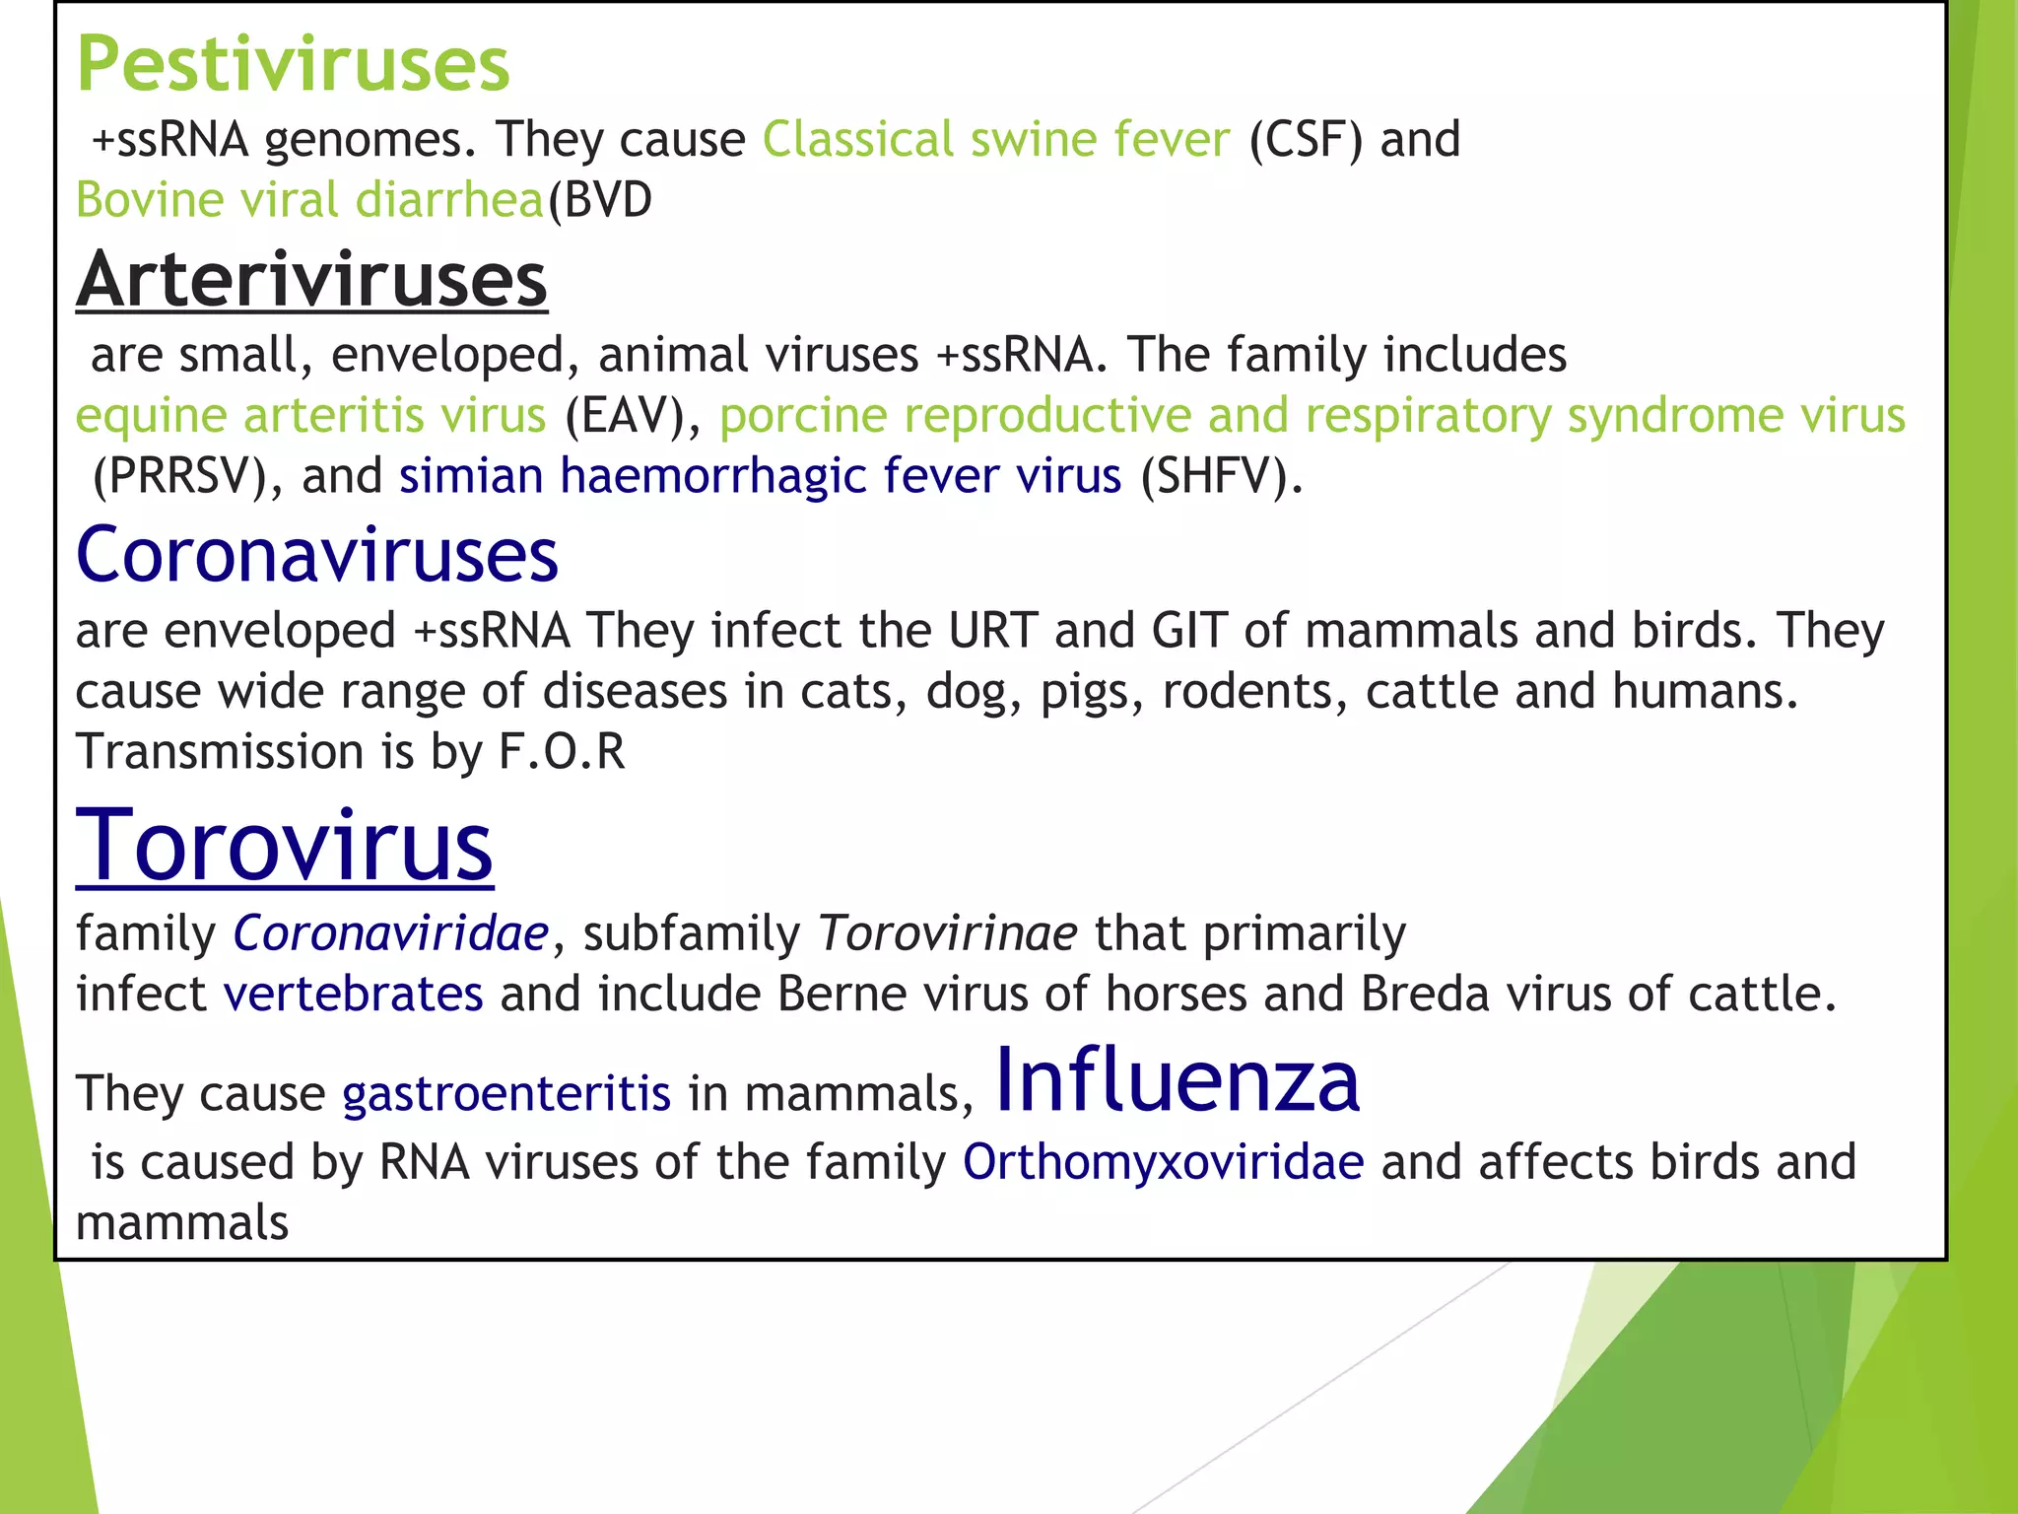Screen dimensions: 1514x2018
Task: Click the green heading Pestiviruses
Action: click(293, 65)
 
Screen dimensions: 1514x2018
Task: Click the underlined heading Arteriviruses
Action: click(311, 281)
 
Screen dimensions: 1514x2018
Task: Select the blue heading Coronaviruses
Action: click(316, 555)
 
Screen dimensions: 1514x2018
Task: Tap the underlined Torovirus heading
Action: click(284, 846)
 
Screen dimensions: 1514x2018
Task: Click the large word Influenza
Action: click(1177, 1080)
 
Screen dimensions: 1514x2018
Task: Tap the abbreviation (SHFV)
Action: click(1220, 476)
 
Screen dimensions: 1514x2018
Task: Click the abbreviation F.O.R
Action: click(562, 752)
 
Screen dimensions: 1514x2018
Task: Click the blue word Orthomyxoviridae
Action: click(1163, 1162)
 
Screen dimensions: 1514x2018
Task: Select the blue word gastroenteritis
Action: click(506, 1094)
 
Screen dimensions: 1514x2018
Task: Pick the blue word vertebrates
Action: click(353, 994)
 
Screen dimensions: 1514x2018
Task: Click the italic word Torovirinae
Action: click(948, 933)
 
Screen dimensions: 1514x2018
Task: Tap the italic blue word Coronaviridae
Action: click(390, 933)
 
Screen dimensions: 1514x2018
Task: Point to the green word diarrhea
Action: click(449, 200)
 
